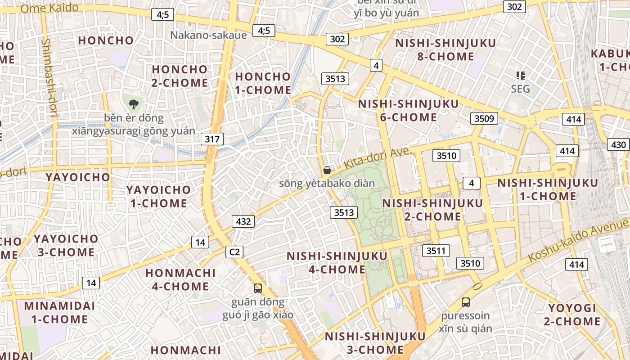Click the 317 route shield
coord(212,139)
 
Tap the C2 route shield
coord(235,252)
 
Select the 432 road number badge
coord(243,221)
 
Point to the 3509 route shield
coord(484,119)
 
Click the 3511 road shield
coord(436,251)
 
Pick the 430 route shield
coord(619,144)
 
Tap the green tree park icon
coord(133,105)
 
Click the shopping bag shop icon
coord(327,170)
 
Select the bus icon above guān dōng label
coord(258,288)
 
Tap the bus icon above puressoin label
coord(465,302)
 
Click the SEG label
coord(520,89)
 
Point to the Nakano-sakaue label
coord(208,35)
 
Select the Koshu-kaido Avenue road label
coord(578,241)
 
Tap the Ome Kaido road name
coord(49,8)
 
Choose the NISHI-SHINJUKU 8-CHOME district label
coord(445,50)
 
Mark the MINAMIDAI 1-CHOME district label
coord(59,313)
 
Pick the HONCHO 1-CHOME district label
coord(263,83)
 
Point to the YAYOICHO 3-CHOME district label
coord(66,245)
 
